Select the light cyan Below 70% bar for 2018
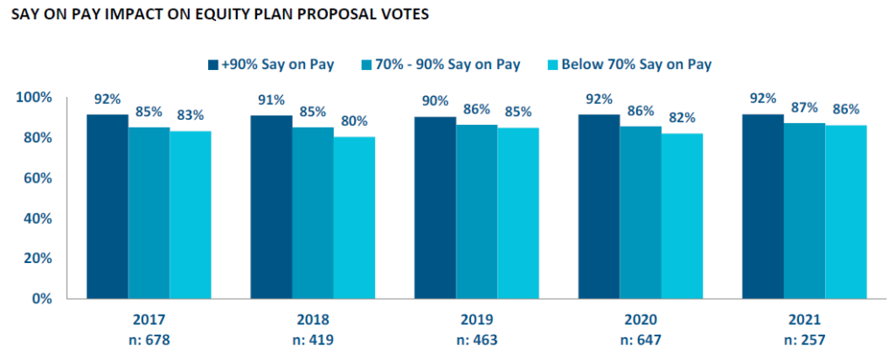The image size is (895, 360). point(354,218)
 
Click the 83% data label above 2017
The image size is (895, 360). point(190,115)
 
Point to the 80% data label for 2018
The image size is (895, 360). point(354,121)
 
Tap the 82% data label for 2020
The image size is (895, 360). point(683,117)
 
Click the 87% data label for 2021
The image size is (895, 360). point(804,107)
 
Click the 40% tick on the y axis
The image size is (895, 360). point(38,218)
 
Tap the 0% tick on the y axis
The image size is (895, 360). point(41,298)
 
